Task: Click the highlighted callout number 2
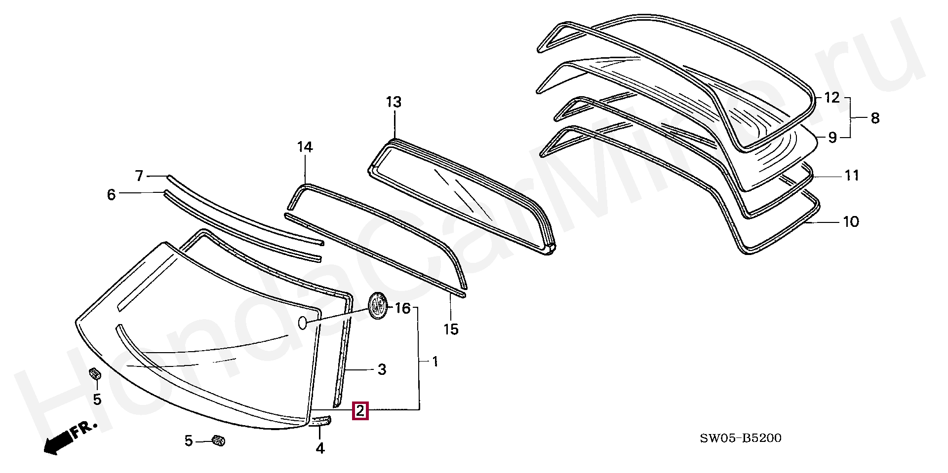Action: (360, 410)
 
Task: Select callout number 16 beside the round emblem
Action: (403, 308)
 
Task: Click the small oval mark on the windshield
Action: (302, 323)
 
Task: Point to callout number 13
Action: (394, 102)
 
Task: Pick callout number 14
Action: (305, 147)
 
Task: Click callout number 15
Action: (451, 329)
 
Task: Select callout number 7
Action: (139, 176)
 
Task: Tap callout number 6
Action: (111, 194)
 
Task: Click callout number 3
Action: (382, 369)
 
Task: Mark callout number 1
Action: (435, 362)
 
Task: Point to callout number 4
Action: (320, 448)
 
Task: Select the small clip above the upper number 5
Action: (95, 373)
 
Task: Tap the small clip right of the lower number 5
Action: (218, 440)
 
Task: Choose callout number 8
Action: (875, 118)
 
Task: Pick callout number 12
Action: (831, 98)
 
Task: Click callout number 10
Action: (851, 221)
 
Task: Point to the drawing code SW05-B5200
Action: (741, 438)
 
